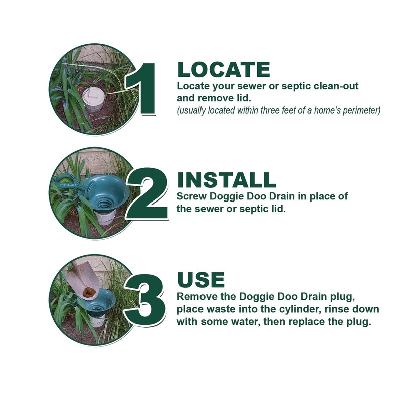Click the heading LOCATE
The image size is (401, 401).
click(x=224, y=70)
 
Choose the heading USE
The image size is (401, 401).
click(x=201, y=279)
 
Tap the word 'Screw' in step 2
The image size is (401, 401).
click(x=192, y=196)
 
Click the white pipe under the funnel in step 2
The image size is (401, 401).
click(x=106, y=216)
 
